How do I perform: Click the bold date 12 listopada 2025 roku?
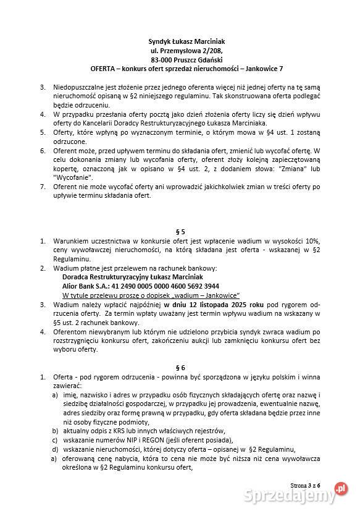206,305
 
